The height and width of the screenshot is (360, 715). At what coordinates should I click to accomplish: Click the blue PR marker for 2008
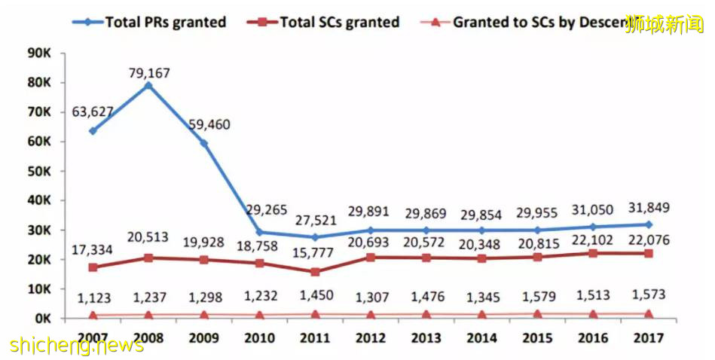pos(148,86)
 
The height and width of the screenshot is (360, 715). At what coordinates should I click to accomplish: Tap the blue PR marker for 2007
pos(93,131)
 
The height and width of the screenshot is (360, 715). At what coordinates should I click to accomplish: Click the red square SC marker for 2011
pos(315,272)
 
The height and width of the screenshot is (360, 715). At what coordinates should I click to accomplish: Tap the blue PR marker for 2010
pos(259,233)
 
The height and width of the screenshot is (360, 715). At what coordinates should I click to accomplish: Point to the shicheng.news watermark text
pos(78,345)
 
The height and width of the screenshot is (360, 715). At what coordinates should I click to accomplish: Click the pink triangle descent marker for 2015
pos(536,314)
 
